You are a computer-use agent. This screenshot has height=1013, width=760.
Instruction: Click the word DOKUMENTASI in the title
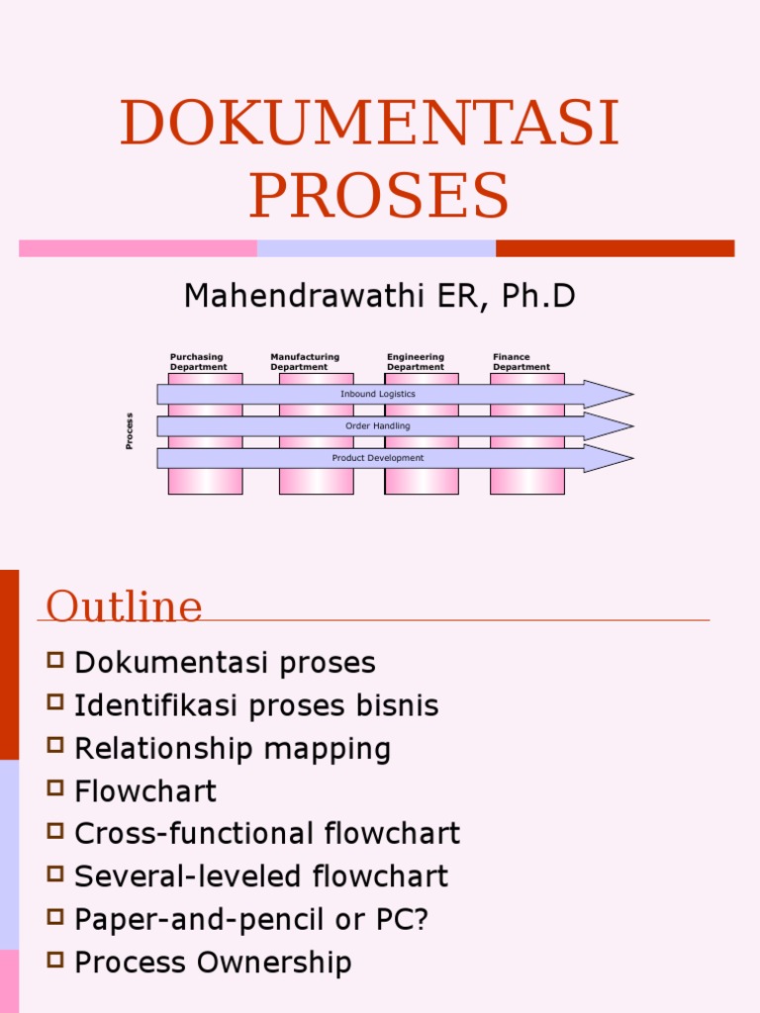click(370, 124)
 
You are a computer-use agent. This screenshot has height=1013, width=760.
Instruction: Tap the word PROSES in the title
click(379, 196)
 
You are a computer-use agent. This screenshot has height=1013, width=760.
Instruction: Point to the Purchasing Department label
click(198, 362)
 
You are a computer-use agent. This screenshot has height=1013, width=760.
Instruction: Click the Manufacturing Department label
click(305, 362)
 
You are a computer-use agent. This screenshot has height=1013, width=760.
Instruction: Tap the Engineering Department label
click(416, 362)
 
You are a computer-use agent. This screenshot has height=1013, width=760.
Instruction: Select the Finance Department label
click(522, 362)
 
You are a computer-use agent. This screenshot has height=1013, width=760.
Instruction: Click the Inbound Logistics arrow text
click(378, 394)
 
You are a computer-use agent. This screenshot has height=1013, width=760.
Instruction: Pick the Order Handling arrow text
click(378, 426)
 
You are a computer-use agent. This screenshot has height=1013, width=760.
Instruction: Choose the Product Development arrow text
click(378, 458)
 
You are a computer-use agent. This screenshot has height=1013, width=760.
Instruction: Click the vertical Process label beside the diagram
click(130, 431)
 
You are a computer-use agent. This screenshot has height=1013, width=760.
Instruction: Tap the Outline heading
click(125, 605)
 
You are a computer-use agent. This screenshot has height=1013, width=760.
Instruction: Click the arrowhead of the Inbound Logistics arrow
click(608, 395)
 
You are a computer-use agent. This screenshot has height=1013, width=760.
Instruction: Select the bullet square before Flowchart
click(55, 788)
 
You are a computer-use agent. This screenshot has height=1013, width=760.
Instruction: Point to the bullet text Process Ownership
click(213, 963)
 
